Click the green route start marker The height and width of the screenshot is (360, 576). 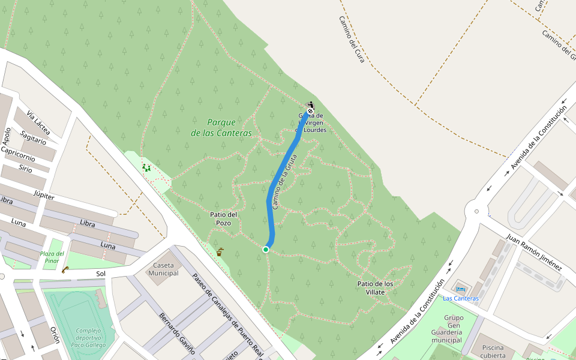(x=266, y=249)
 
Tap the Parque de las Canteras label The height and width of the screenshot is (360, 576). (x=221, y=128)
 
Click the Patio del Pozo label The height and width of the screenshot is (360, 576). (x=224, y=218)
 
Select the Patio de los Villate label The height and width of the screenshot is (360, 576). (x=375, y=288)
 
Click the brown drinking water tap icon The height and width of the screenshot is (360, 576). (x=220, y=252)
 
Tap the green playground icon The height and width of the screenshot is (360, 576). (x=146, y=168)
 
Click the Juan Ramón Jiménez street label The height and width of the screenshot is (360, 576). (x=534, y=252)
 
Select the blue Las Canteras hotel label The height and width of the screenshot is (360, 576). (x=461, y=298)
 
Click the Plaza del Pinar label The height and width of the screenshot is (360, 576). (x=52, y=257)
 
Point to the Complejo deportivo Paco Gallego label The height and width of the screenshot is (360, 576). (x=88, y=337)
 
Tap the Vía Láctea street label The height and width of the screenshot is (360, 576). (x=38, y=124)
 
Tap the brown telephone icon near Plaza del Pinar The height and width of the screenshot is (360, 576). (x=65, y=269)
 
